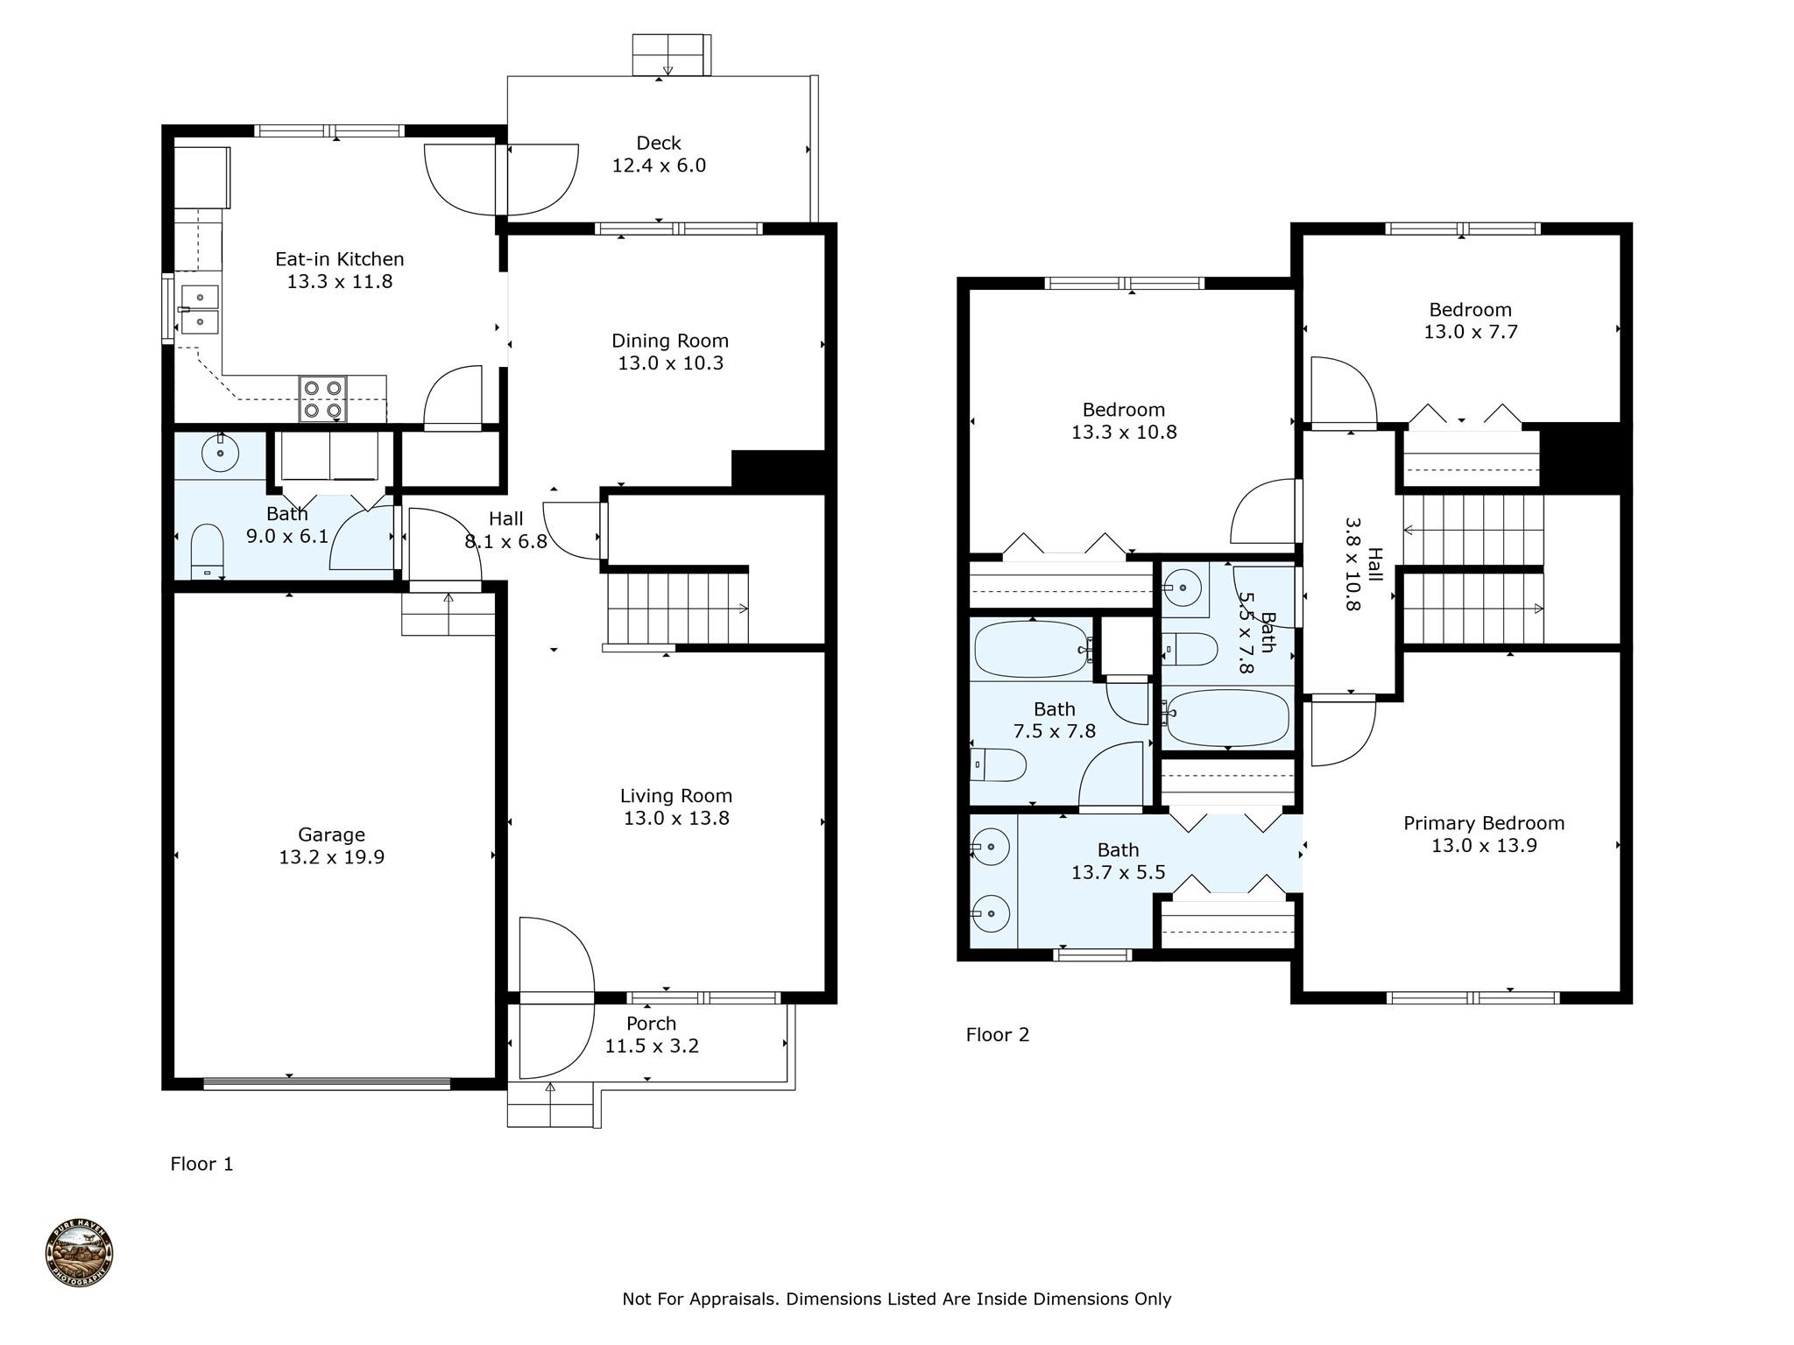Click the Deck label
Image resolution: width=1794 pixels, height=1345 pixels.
click(659, 143)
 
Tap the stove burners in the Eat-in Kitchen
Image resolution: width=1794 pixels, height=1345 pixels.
click(322, 399)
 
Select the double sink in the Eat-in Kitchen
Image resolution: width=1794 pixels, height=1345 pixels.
click(201, 310)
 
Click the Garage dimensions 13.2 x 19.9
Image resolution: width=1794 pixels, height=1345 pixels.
click(332, 857)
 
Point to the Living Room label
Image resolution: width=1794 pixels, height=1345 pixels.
click(676, 796)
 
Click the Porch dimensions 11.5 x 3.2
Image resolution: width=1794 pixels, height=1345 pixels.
click(652, 1046)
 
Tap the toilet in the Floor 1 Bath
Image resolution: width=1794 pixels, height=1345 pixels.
click(207, 551)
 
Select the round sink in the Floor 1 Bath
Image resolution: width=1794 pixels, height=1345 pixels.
click(220, 453)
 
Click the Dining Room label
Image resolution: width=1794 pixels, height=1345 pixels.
click(670, 341)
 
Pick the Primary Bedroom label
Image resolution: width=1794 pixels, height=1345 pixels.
click(1484, 823)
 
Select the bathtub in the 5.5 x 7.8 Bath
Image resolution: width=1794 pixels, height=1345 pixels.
click(1226, 717)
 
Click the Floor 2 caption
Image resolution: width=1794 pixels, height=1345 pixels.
click(998, 1035)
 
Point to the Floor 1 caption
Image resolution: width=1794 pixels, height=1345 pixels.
click(202, 1164)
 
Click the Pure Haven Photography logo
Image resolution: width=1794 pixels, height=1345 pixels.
click(79, 1253)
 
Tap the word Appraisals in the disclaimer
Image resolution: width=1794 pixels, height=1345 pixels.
click(734, 1299)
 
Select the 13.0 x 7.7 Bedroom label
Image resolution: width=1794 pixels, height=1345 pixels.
click(1471, 320)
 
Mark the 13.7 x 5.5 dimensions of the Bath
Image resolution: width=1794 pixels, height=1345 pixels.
click(1119, 872)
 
